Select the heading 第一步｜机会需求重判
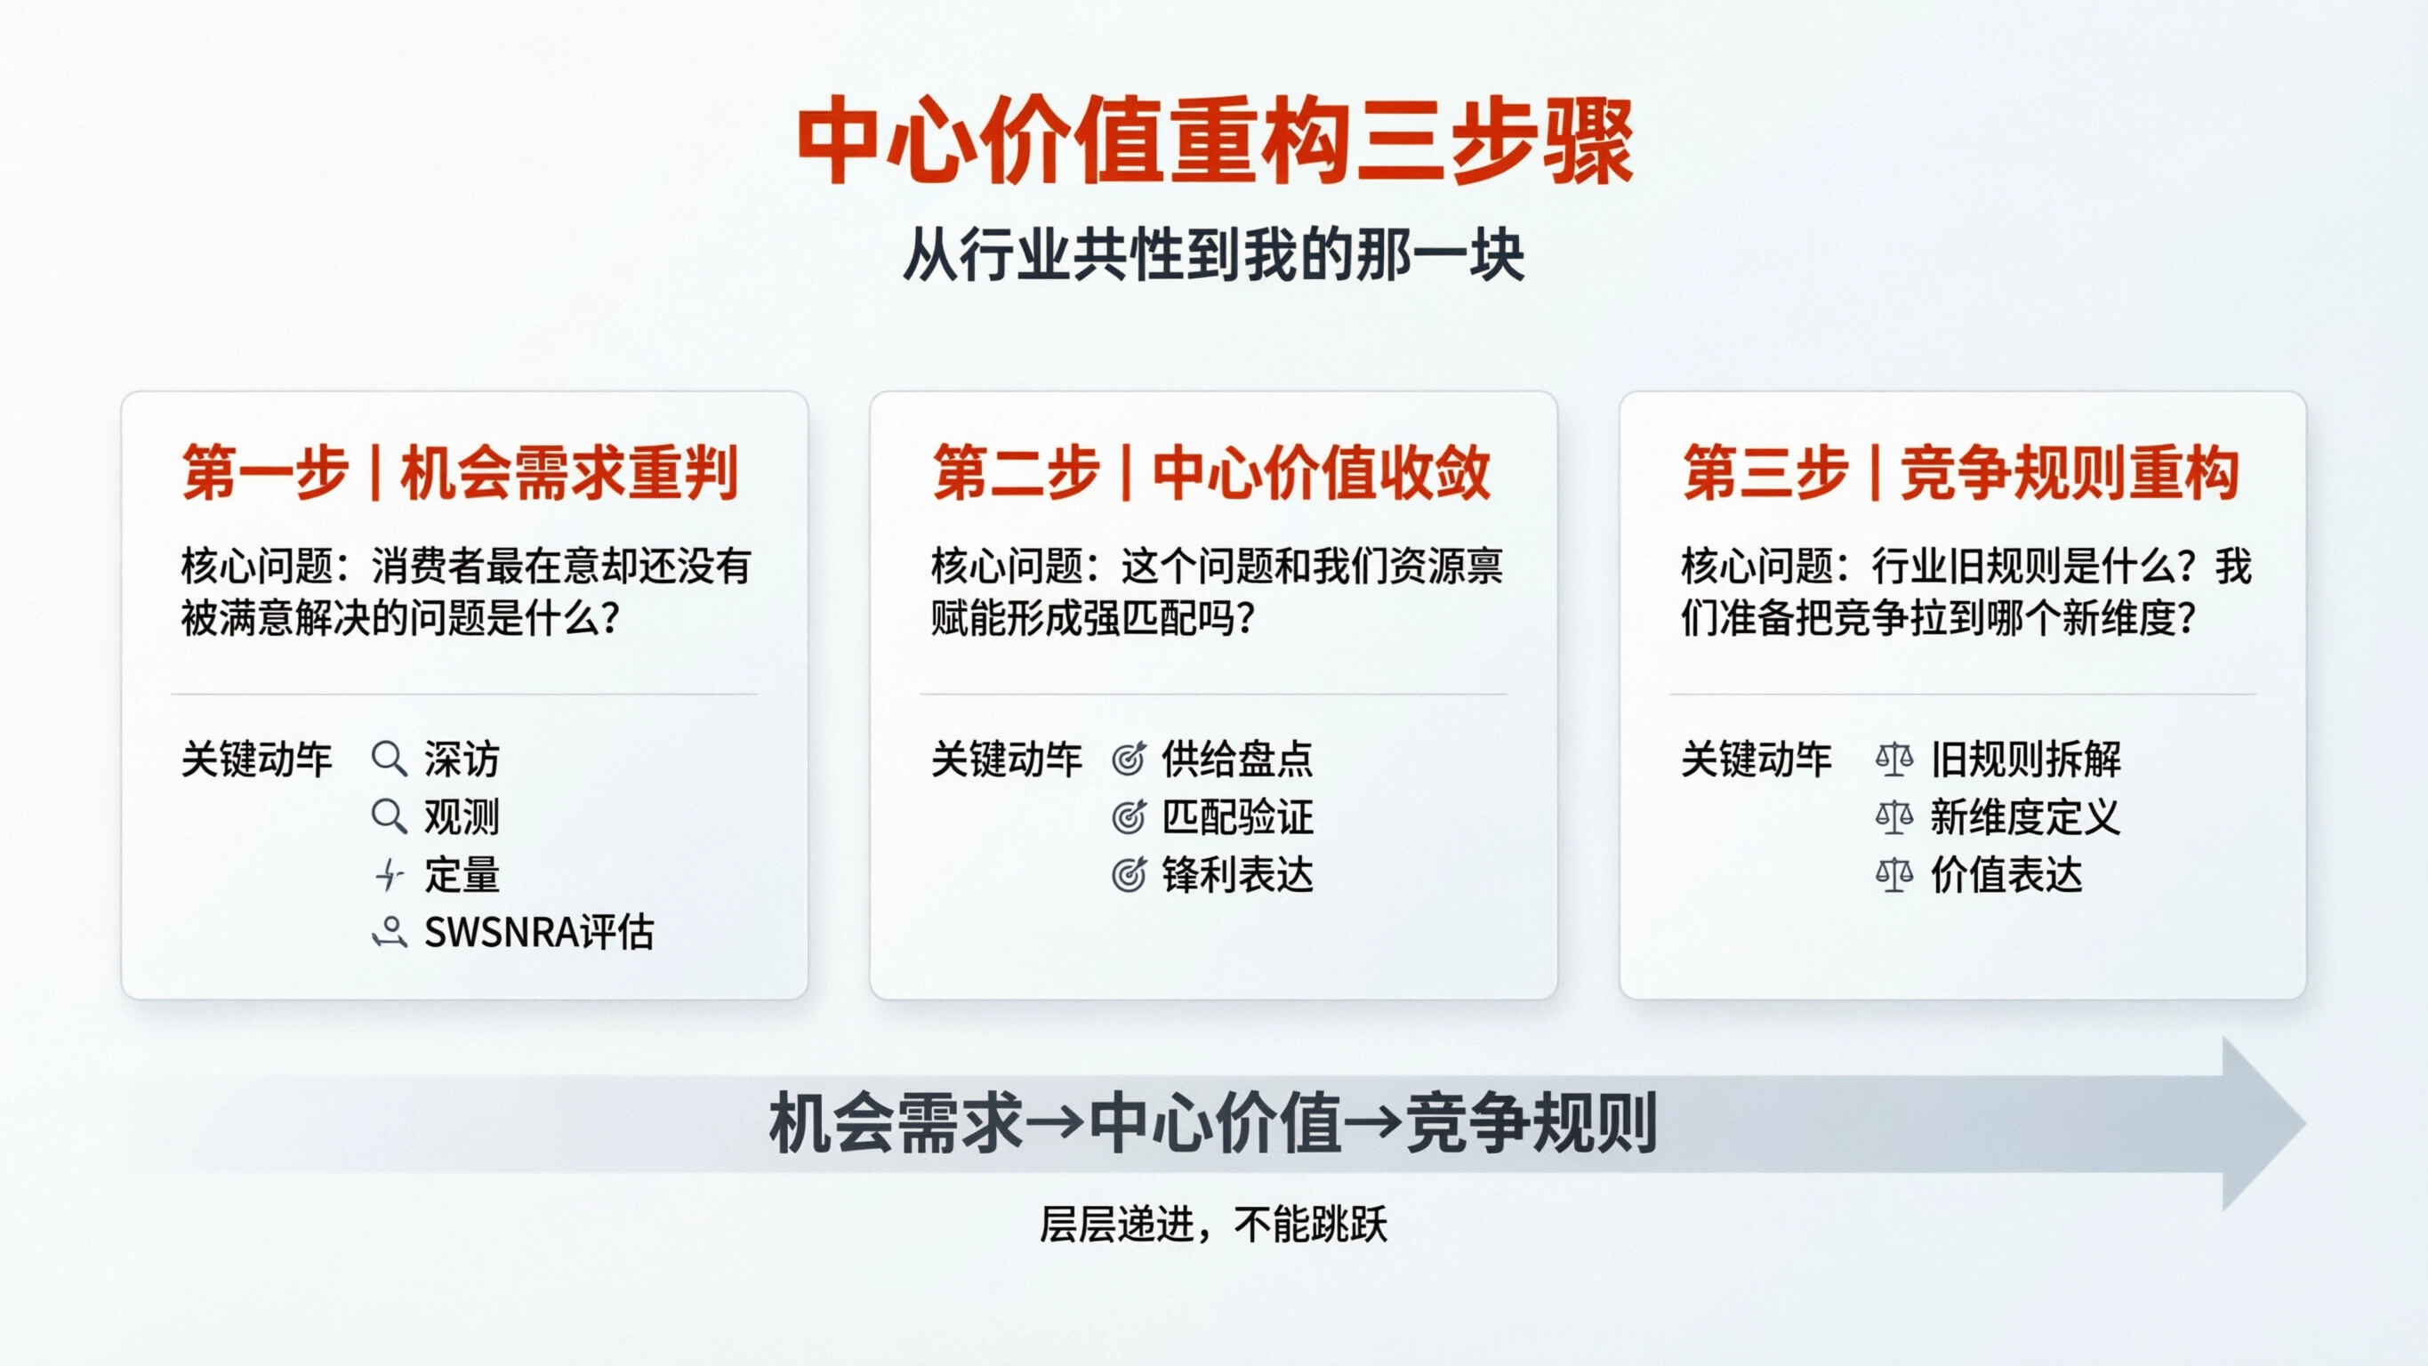tap(460, 472)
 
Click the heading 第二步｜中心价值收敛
tap(1211, 472)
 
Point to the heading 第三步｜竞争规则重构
tap(1960, 472)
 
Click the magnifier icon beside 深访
tap(389, 758)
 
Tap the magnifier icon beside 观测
tap(389, 816)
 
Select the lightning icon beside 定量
tap(389, 875)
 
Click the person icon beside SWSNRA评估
tap(390, 932)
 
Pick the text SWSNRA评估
tap(538, 932)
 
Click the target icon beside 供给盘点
tap(1129, 758)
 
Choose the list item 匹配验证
tap(1236, 816)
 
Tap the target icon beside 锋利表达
tap(1129, 875)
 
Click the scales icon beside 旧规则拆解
tap(1893, 758)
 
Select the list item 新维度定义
tap(2024, 816)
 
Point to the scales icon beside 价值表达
tap(1893, 875)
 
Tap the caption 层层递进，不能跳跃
tap(1213, 1225)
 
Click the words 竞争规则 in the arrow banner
tap(1531, 1123)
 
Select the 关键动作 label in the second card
tap(1006, 759)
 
